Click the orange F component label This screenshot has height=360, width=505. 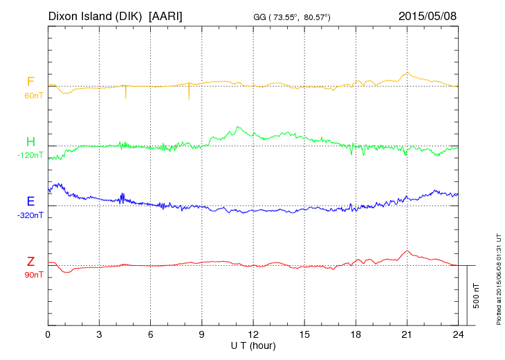[30, 82]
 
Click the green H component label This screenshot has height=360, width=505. [30, 142]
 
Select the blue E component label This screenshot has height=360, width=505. [30, 201]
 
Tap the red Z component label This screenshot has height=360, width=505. [30, 261]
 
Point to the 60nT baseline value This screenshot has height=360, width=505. [33, 96]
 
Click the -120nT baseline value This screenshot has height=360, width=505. [30, 155]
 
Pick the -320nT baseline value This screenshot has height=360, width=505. [30, 215]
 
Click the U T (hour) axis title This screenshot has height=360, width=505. [254, 345]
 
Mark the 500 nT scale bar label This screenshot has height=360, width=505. [477, 296]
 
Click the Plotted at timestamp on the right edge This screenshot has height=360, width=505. [498, 278]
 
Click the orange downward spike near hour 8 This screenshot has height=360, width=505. [188, 93]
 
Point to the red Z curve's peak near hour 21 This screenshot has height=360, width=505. [408, 251]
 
